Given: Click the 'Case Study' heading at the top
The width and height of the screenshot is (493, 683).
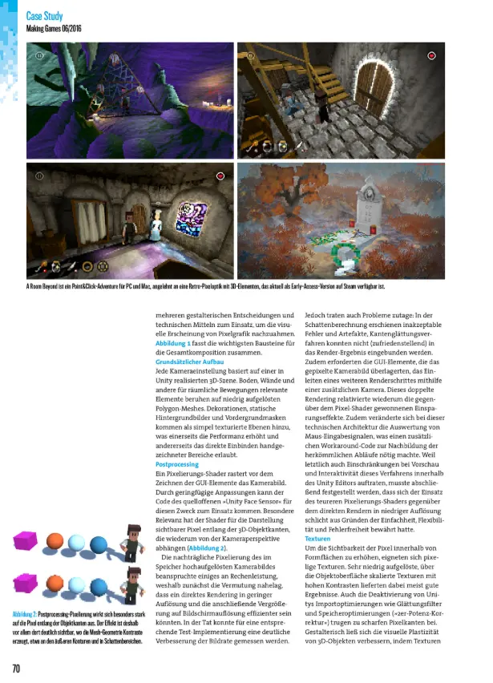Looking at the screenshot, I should [x=44, y=16].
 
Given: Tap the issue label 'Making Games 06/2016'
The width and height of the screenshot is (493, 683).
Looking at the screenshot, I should [x=54, y=29].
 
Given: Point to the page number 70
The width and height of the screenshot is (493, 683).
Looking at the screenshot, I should [x=15, y=668].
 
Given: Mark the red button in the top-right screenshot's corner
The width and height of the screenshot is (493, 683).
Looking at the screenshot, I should [x=432, y=55].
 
